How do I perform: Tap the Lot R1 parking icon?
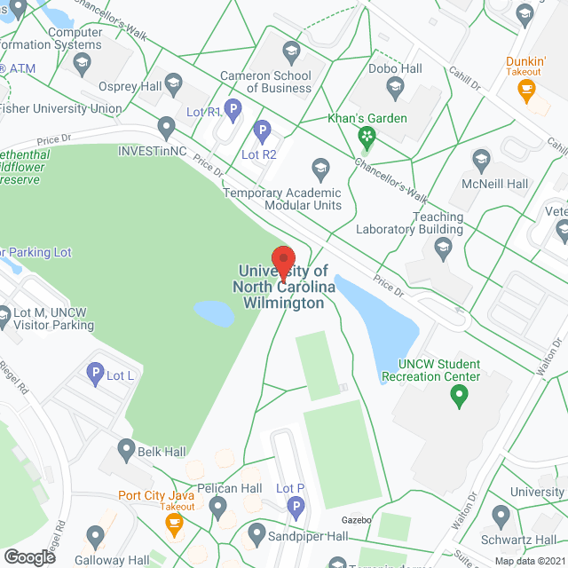[233, 110]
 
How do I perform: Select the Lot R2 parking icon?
[262, 132]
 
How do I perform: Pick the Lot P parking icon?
[296, 508]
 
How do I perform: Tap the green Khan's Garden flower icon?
[366, 136]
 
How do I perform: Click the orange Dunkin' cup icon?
[526, 89]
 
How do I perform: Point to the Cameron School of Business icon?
[290, 51]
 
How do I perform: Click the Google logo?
[29, 556]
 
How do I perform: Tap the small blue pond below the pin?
[214, 312]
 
